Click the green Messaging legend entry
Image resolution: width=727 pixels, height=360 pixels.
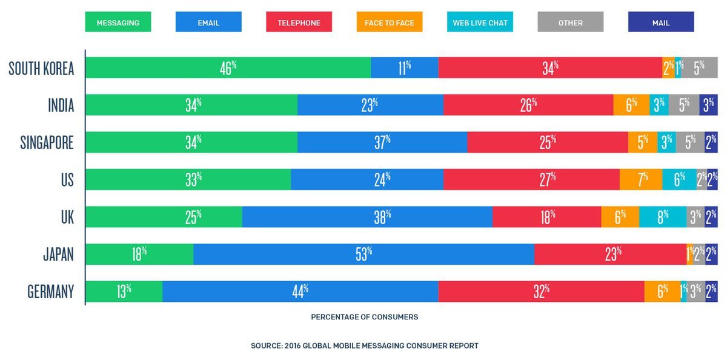tap(118, 22)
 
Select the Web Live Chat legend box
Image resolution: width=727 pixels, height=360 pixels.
tap(480, 22)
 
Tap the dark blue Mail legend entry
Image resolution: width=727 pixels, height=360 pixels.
tap(661, 22)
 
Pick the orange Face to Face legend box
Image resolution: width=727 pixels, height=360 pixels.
tap(390, 22)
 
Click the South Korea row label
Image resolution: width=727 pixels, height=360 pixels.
tap(41, 68)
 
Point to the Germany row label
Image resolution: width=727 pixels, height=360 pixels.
tap(50, 292)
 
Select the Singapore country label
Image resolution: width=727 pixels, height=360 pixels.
tap(47, 143)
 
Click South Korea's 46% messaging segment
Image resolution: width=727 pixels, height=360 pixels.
tap(228, 68)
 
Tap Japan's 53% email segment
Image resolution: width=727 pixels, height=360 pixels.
tap(363, 255)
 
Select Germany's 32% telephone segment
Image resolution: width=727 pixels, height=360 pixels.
tap(541, 292)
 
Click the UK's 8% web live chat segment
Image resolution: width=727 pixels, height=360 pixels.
tap(662, 217)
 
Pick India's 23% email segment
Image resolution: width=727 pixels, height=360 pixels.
tap(370, 105)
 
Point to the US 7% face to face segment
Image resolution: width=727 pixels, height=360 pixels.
tap(641, 180)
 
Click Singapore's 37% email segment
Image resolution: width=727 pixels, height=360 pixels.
tap(382, 143)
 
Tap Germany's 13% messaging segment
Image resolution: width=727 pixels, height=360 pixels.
tap(124, 292)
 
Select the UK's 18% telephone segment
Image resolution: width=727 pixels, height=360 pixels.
tap(546, 217)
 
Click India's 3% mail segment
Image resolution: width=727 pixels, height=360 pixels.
tap(708, 105)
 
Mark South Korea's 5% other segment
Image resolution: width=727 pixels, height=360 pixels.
tap(699, 68)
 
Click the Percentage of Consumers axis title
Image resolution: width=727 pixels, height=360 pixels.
tap(364, 317)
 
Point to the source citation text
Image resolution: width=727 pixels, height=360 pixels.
tap(364, 345)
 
